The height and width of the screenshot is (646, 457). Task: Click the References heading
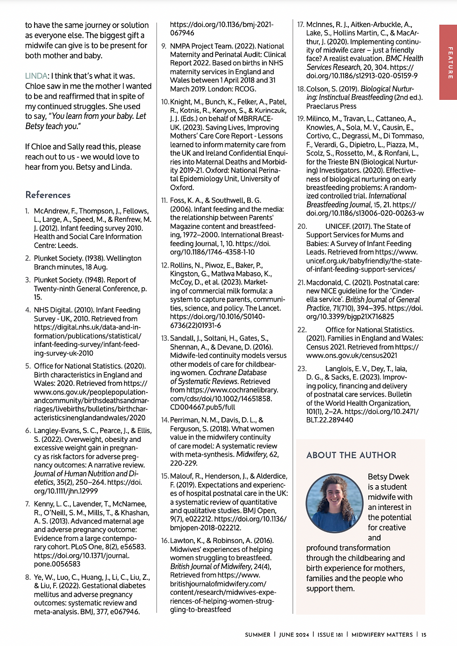[x=48, y=195]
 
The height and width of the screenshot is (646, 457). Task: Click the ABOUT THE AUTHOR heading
[x=351, y=455]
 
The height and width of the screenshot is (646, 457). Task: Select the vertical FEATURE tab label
[x=450, y=62]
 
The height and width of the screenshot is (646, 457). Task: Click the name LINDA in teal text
[x=36, y=76]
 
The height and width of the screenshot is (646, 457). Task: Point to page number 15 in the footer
[x=424, y=634]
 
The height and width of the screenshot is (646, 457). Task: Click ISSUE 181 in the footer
[x=330, y=634]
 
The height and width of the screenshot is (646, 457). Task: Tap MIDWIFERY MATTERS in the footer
[x=382, y=634]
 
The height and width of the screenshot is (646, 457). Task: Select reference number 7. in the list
[x=28, y=504]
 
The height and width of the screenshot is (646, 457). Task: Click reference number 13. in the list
[x=165, y=338]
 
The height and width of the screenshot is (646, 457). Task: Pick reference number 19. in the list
[x=301, y=119]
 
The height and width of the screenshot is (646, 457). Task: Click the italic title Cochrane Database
[x=237, y=373]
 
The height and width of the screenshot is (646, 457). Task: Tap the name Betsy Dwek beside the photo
[x=388, y=477]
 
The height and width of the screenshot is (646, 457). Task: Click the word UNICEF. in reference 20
[x=338, y=227]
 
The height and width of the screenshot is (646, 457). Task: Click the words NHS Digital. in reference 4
[x=52, y=310]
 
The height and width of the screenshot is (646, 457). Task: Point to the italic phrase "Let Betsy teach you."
[x=85, y=121]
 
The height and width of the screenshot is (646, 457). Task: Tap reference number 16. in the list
[x=165, y=541]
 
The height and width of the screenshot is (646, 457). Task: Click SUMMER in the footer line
[x=257, y=634]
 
